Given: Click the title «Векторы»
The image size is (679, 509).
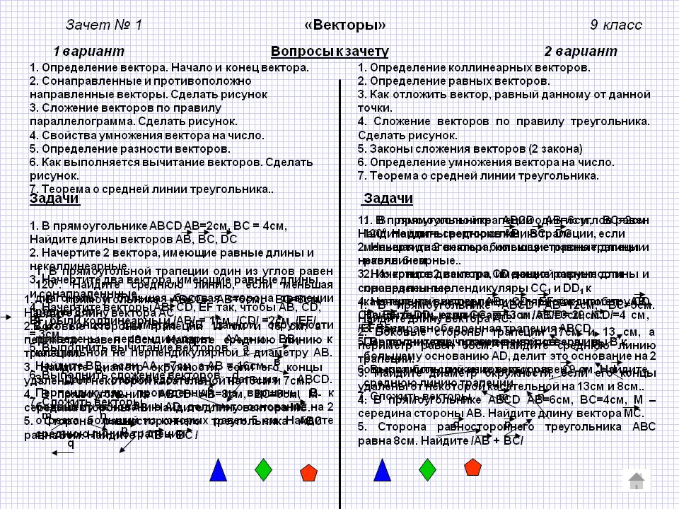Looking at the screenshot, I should pos(344,25).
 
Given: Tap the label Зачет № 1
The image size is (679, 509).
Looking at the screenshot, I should pos(104,25).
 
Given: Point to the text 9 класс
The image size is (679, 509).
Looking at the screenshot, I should pos(616,25).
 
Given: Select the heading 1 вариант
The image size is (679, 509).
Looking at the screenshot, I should pos(88,52).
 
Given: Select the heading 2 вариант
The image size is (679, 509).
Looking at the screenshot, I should pos(580,52).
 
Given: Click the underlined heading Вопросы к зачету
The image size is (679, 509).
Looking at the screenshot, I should pos(330,52).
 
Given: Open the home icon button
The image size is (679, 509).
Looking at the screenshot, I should pos(636,481).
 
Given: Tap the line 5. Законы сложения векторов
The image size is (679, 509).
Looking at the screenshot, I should pos(470,148).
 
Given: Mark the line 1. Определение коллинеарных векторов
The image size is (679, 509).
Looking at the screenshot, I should pos(474,68).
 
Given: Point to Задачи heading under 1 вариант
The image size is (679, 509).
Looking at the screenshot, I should pos(54,199).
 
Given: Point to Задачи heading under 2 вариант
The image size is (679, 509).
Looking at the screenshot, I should pos(388,198).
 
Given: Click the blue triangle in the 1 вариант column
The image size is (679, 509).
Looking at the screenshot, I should pos(219,470).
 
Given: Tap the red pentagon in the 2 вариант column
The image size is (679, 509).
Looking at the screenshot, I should pos(472,467).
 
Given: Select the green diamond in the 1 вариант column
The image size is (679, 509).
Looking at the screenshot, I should pos(264,469).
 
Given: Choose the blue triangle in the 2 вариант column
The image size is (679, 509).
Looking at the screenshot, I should pos(382,470).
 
